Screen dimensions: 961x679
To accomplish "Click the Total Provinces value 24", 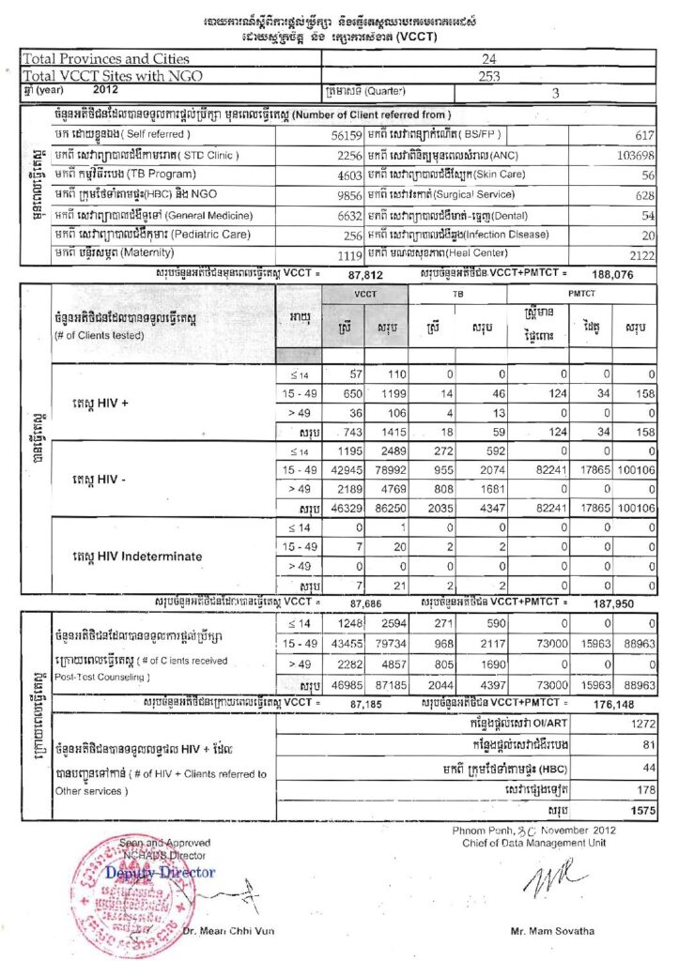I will pyautogui.click(x=488, y=58).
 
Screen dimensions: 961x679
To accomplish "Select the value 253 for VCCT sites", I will pyautogui.click(x=488, y=75).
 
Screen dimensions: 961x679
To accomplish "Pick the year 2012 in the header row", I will pyautogui.click(x=106, y=91).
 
